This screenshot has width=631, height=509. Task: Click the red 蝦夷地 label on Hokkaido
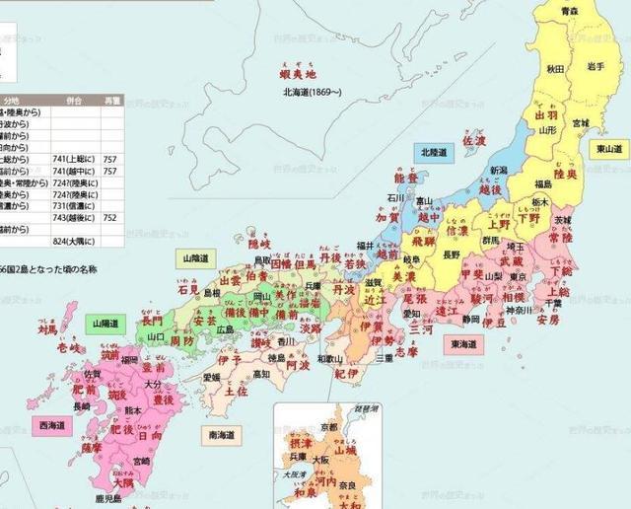pos(298,74)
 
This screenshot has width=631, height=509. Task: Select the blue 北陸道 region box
pos(434,153)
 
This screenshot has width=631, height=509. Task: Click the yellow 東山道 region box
pos(611,148)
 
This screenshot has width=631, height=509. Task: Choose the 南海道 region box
pos(228,433)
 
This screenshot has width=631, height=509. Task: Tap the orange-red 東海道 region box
pos(464,345)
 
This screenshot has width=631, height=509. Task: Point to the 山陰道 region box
pos(196,258)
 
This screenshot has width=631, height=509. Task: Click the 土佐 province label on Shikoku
pos(236,391)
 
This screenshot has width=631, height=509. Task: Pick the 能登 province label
pos(406,180)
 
